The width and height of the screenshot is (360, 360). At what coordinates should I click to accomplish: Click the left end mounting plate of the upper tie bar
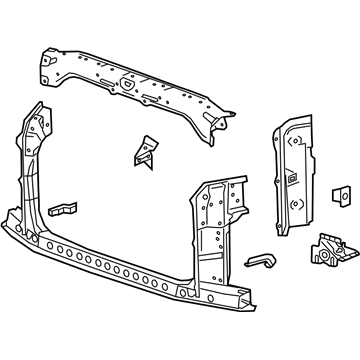click(x=47, y=66)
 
